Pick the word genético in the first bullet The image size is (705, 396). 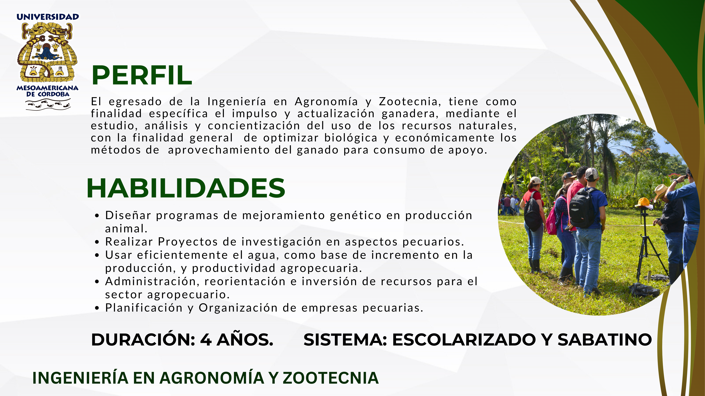pyautogui.click(x=356, y=216)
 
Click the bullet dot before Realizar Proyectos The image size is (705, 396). pyautogui.click(x=97, y=242)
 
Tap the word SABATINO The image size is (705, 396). pyautogui.click(x=605, y=340)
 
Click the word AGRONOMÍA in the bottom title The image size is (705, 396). pyautogui.click(x=212, y=378)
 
